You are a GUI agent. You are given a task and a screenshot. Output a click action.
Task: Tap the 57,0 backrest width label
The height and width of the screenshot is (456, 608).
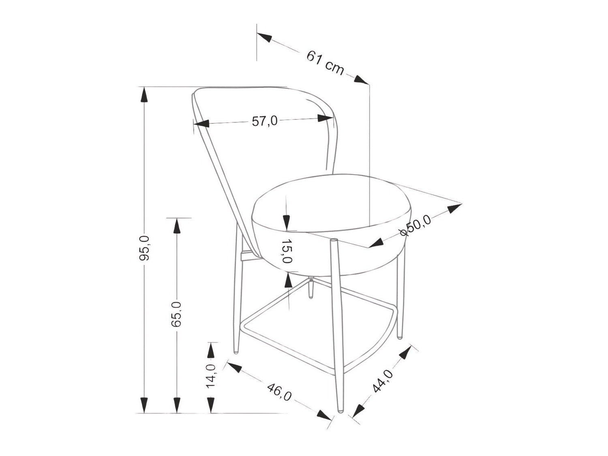click(x=265, y=121)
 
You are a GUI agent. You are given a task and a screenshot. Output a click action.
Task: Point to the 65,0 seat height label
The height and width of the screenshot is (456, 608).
click(x=176, y=314)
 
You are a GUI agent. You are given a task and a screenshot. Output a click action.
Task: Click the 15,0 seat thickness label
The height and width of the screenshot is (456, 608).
click(x=287, y=251)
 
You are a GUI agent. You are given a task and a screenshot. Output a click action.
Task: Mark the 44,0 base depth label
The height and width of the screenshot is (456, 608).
click(x=383, y=382)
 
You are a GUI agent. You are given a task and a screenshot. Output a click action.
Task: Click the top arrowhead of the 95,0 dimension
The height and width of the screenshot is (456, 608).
click(x=144, y=95)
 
